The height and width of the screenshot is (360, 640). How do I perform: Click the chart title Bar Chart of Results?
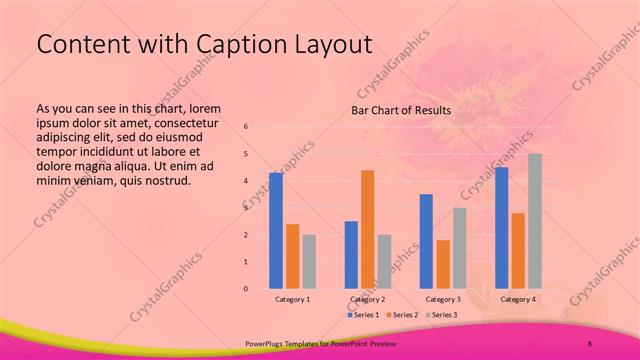click(400, 110)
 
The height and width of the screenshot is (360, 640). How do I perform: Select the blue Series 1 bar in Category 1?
click(275, 230)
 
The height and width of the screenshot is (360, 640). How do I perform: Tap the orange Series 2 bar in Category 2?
click(367, 229)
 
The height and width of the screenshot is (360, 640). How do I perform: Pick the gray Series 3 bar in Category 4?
click(535, 221)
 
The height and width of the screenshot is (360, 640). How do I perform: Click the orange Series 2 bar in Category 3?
click(443, 264)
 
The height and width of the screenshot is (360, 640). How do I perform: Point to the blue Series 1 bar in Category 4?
click(501, 228)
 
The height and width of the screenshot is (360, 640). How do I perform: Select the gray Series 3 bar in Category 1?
click(309, 261)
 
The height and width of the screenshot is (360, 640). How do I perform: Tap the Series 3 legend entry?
click(440, 314)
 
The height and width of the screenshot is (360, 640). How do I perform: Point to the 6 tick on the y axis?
click(246, 127)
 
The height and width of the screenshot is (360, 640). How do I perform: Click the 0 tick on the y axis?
click(246, 289)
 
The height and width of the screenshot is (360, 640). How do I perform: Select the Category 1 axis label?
click(292, 299)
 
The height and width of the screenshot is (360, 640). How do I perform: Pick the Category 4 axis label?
click(517, 299)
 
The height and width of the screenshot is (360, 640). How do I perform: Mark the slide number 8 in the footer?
click(590, 343)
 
